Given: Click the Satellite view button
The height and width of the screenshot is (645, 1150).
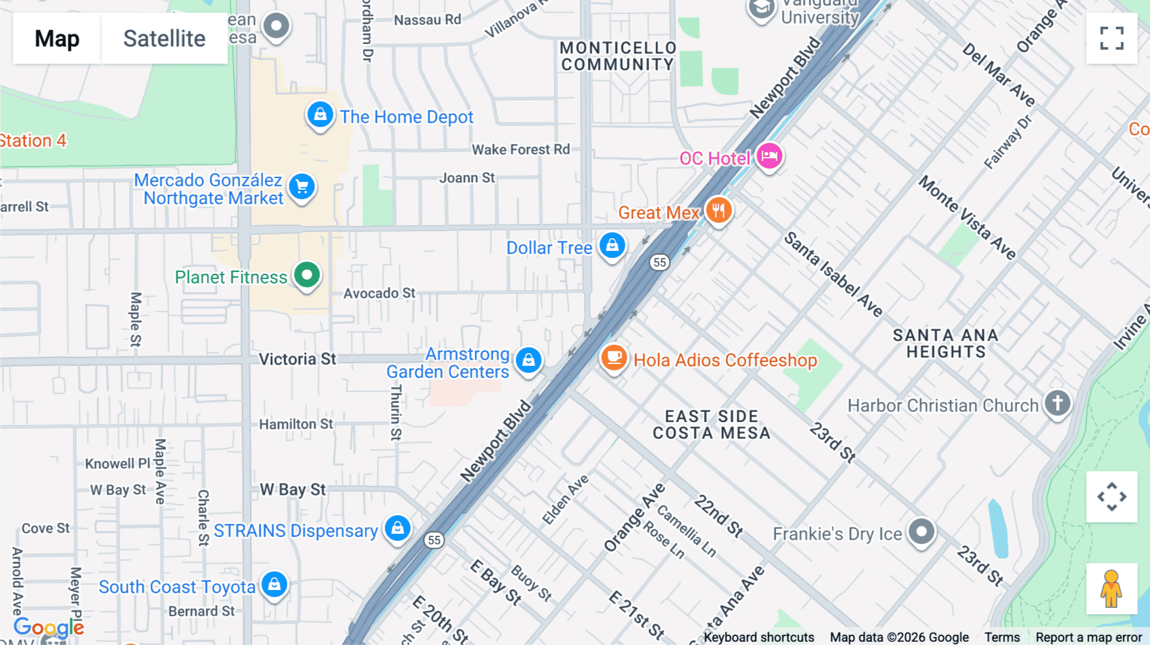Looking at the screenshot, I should [164, 38].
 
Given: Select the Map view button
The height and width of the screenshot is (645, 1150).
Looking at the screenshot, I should [57, 38].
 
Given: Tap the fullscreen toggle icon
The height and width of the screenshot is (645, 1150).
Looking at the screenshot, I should [1112, 38].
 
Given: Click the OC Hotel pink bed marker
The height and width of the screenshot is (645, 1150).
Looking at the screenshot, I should [769, 156].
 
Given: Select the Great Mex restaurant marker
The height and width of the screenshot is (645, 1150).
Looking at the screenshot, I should [719, 210].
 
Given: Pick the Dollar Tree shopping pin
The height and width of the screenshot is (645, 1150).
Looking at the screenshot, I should [612, 245].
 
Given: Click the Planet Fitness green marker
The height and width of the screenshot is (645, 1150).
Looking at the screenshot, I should [307, 275].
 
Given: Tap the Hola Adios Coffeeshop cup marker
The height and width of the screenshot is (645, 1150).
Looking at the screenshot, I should [614, 358].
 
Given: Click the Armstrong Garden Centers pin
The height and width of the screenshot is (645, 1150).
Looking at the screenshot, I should [528, 360].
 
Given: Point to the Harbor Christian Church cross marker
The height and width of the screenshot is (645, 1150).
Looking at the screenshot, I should [1057, 403].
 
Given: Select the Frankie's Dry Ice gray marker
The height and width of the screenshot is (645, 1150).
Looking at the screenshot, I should [921, 531].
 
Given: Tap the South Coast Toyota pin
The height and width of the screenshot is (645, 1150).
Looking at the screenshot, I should [274, 584].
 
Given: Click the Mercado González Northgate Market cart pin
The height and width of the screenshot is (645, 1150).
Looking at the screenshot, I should [302, 187].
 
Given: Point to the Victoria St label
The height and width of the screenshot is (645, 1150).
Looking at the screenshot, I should [297, 359].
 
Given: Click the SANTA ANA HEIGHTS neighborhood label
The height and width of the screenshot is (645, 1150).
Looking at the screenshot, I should [946, 344].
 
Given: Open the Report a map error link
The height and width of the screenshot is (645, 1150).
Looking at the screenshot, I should [1089, 637].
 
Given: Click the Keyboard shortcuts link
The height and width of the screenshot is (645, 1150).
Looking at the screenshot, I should [759, 637].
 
